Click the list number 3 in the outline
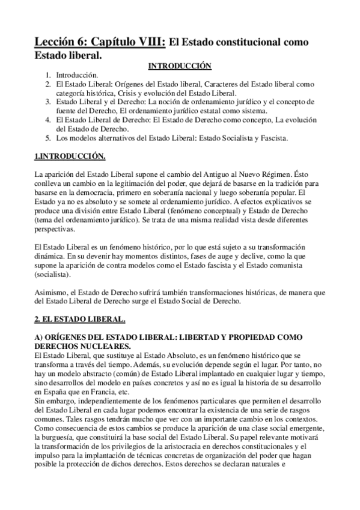(x=48, y=102)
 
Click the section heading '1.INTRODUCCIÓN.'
(x=70, y=157)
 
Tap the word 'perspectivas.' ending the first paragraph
(x=55, y=230)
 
